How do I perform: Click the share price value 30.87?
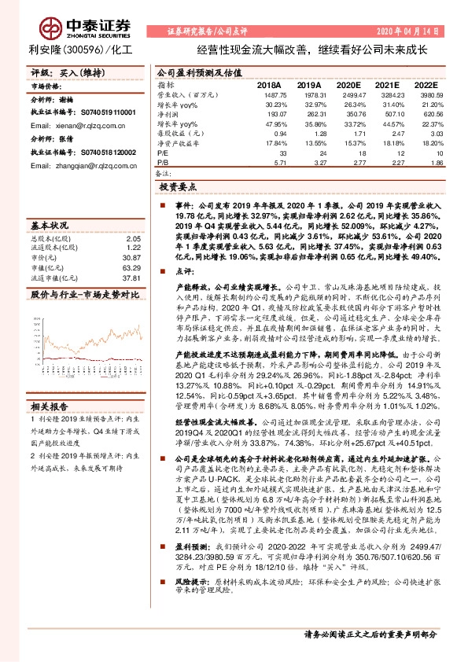[x=131, y=258]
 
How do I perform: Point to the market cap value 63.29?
[x=131, y=267]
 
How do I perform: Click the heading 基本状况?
[x=50, y=224]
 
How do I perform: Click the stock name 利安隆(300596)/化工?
[x=75, y=50]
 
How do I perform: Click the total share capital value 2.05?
[x=133, y=237]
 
